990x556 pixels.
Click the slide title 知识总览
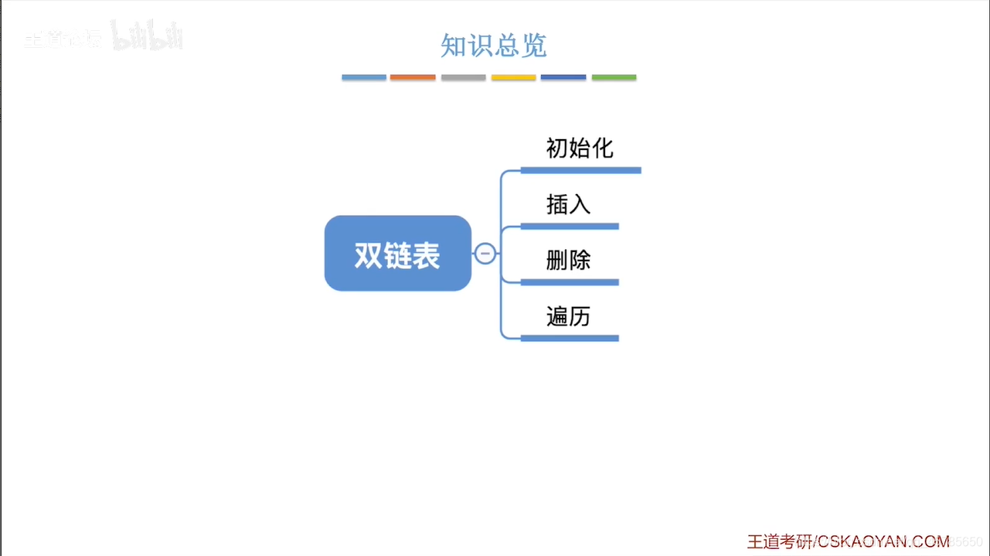click(x=494, y=46)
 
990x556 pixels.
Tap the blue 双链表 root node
click(x=397, y=254)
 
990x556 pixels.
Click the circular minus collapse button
click(x=485, y=253)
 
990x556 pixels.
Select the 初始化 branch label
click(x=580, y=148)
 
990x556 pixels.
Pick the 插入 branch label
click(x=568, y=204)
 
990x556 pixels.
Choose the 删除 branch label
click(x=568, y=261)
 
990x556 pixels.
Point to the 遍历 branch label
click(x=568, y=316)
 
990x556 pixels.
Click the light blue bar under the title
click(x=364, y=77)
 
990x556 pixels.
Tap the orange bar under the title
click(x=413, y=77)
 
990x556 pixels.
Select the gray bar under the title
click(x=464, y=77)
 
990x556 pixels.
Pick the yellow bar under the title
click(x=513, y=77)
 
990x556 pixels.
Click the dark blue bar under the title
click(x=563, y=77)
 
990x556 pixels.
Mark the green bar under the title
click(x=614, y=77)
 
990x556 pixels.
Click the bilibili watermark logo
click(x=147, y=36)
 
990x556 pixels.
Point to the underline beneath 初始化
click(x=581, y=170)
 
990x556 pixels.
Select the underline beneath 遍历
click(x=570, y=338)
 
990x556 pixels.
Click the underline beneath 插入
click(x=570, y=226)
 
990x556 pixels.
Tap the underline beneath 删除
click(x=570, y=282)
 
